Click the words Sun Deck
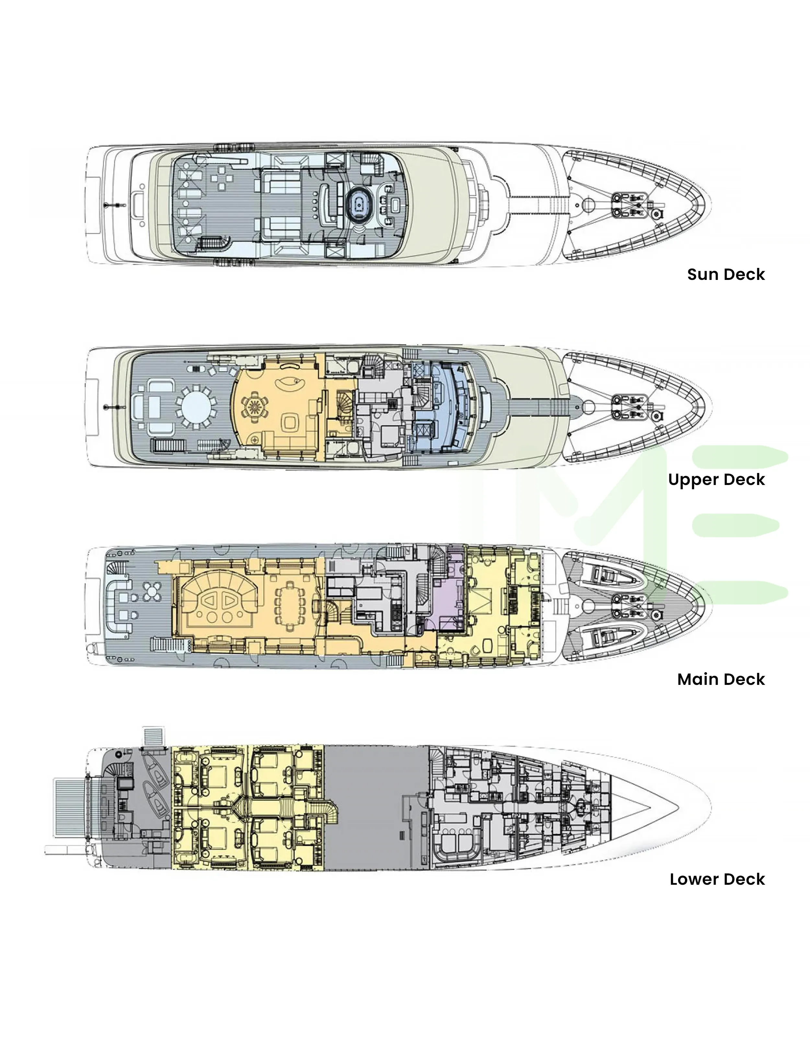click(725, 274)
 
